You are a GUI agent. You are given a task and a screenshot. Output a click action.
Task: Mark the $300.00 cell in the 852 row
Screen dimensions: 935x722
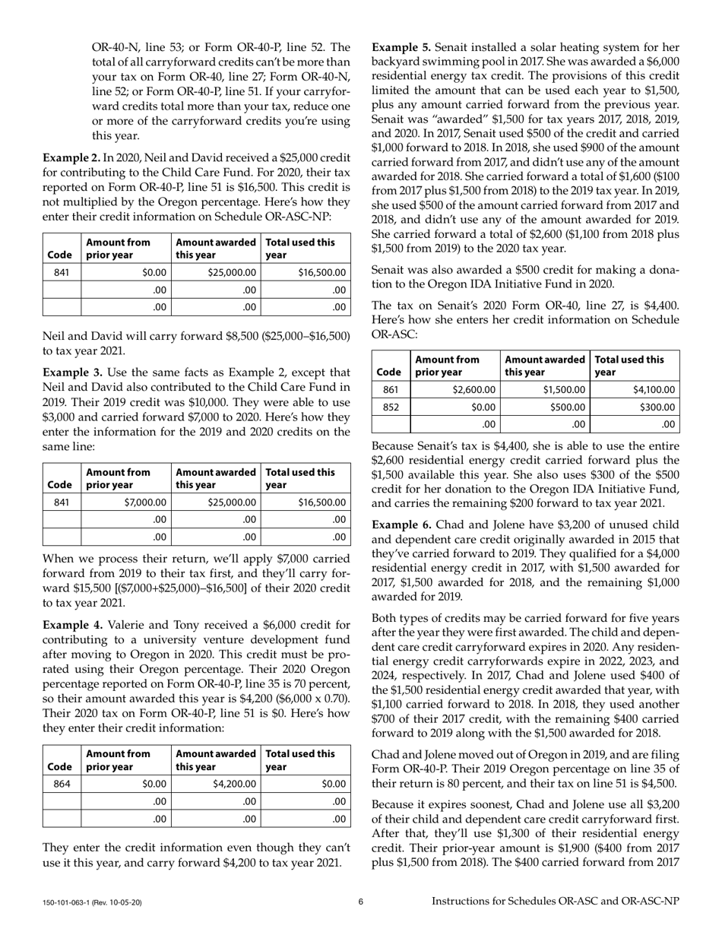(657, 407)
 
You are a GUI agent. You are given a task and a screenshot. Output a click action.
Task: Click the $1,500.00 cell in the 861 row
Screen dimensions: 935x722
(563, 390)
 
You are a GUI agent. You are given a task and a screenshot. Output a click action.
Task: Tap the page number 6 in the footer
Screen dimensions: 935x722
(361, 902)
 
